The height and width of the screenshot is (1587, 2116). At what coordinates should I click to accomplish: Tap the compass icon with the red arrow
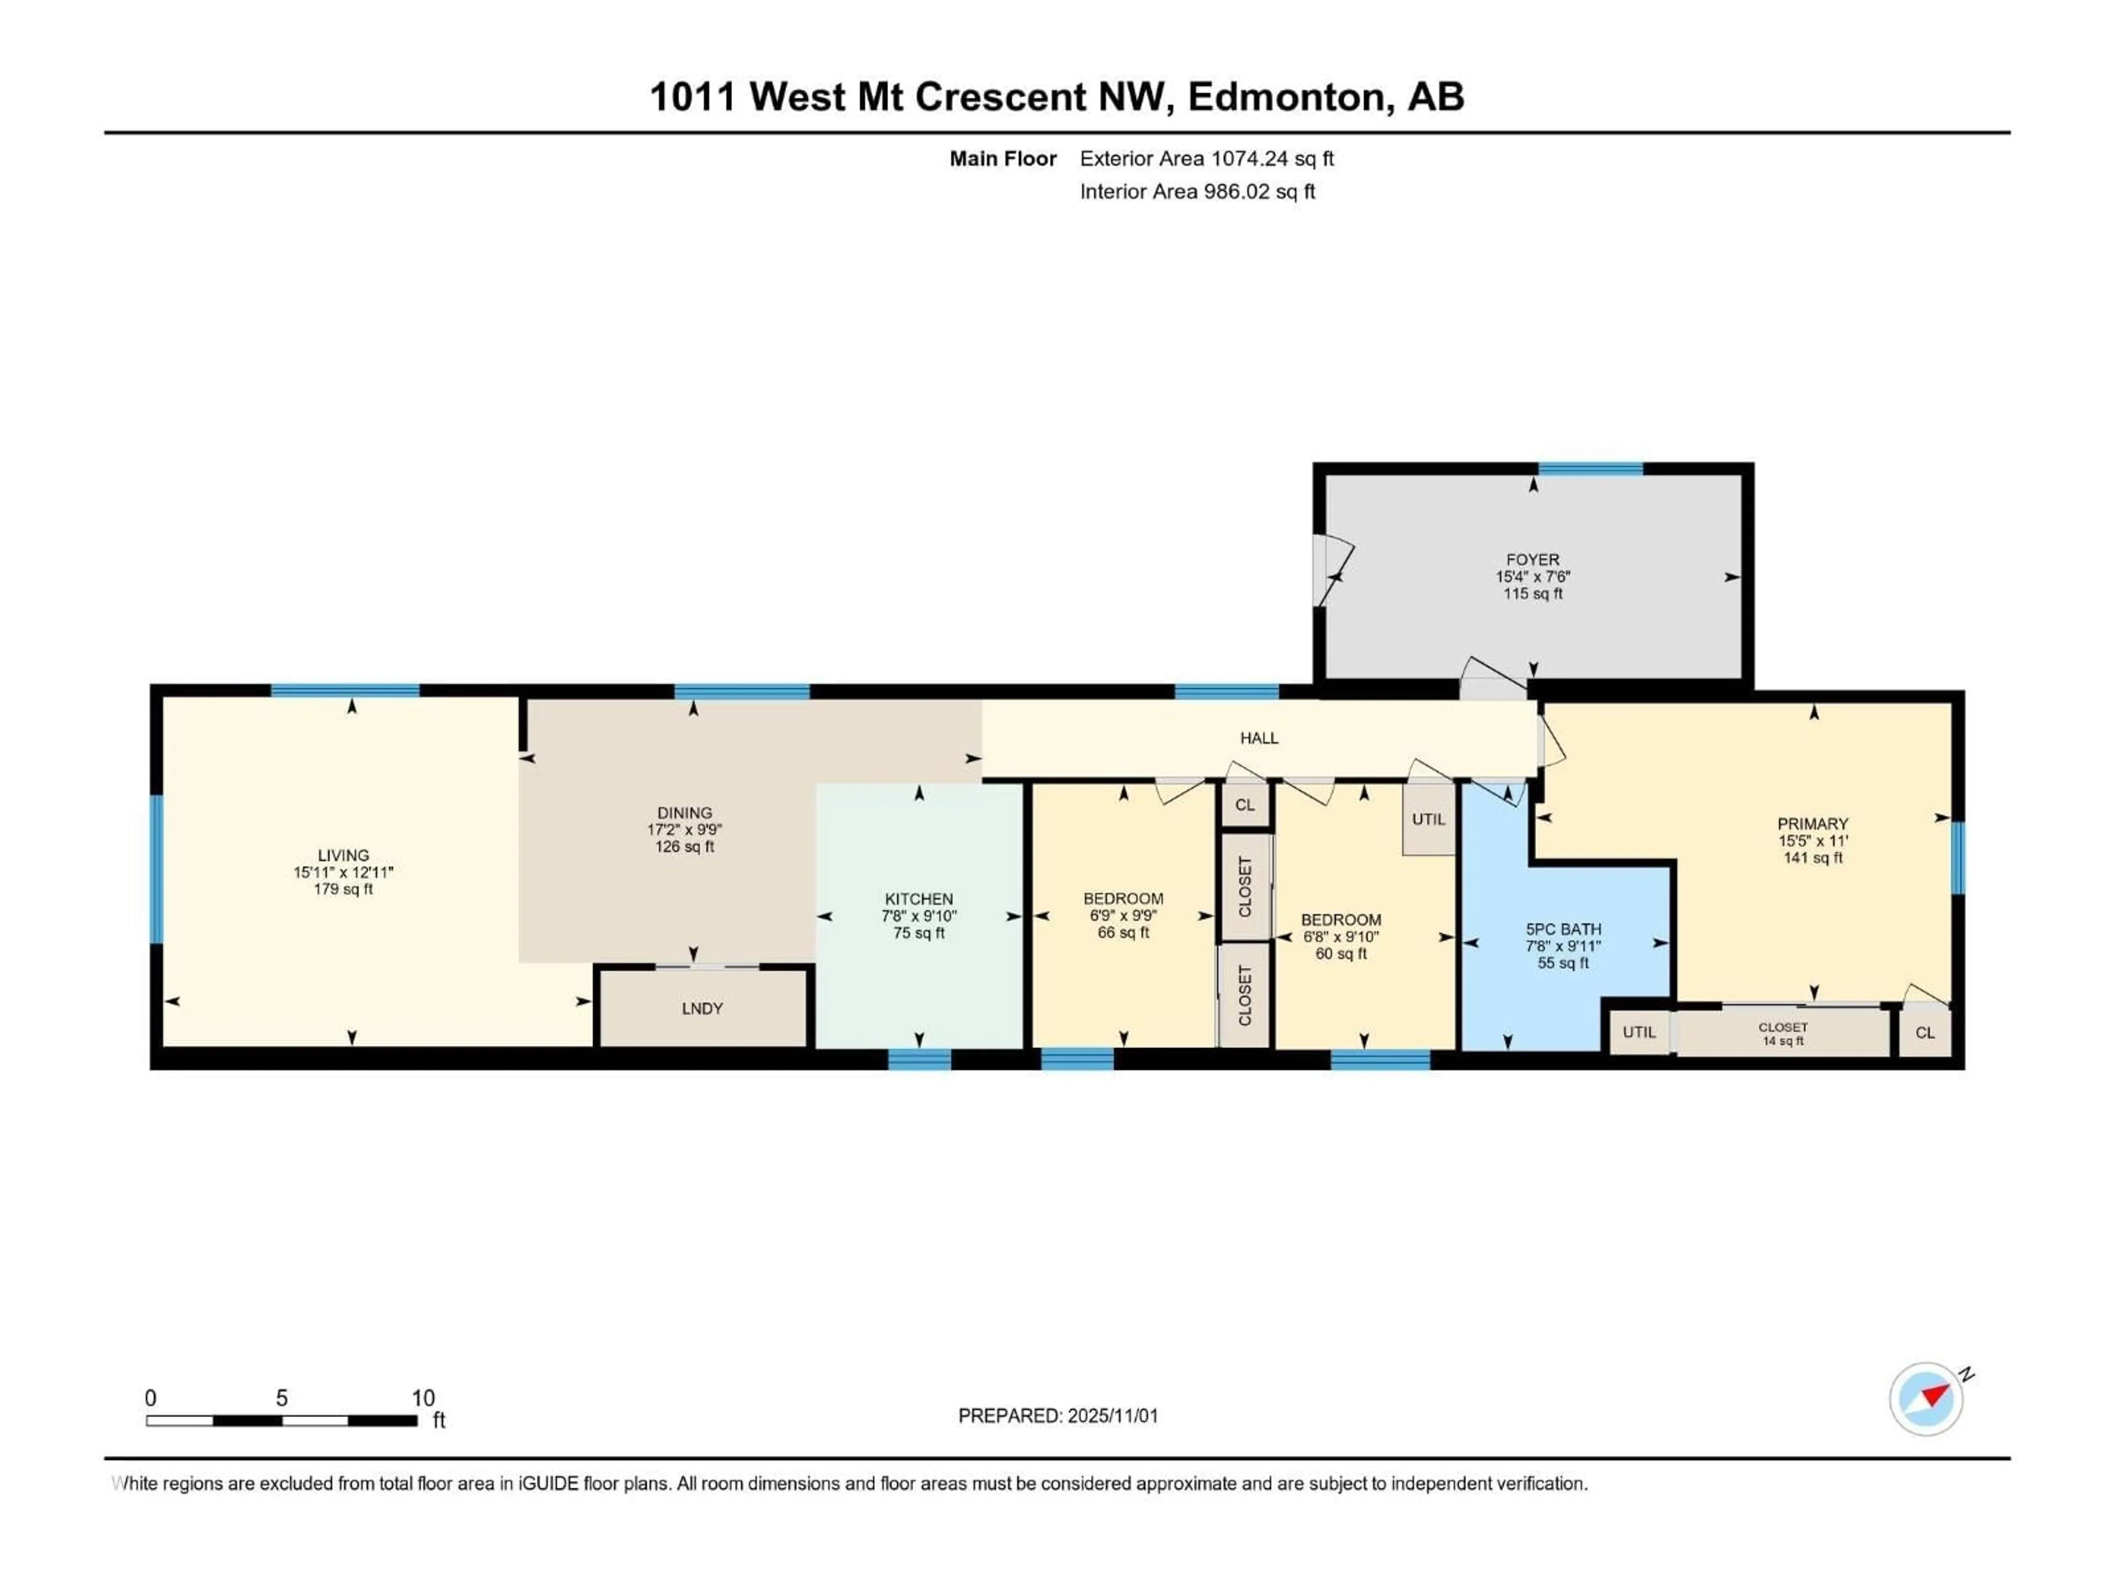click(x=1926, y=1399)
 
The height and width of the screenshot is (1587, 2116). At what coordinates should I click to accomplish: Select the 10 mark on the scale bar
click(x=423, y=1397)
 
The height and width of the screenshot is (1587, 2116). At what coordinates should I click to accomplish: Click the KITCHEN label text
click(x=919, y=899)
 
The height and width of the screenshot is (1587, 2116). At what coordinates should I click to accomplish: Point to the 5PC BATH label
click(x=1563, y=929)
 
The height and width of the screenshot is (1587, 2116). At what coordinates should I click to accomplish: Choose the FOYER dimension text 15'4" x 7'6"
click(x=1532, y=577)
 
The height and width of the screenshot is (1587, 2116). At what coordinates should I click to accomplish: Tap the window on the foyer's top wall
click(x=1590, y=469)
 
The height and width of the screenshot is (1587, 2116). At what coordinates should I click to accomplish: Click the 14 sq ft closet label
click(x=1783, y=1041)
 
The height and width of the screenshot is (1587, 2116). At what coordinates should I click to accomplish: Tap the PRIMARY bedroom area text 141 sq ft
click(x=1813, y=858)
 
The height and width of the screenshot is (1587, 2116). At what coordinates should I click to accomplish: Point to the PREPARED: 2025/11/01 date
click(x=1058, y=1416)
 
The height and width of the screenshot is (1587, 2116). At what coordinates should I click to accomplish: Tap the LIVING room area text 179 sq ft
click(x=343, y=889)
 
